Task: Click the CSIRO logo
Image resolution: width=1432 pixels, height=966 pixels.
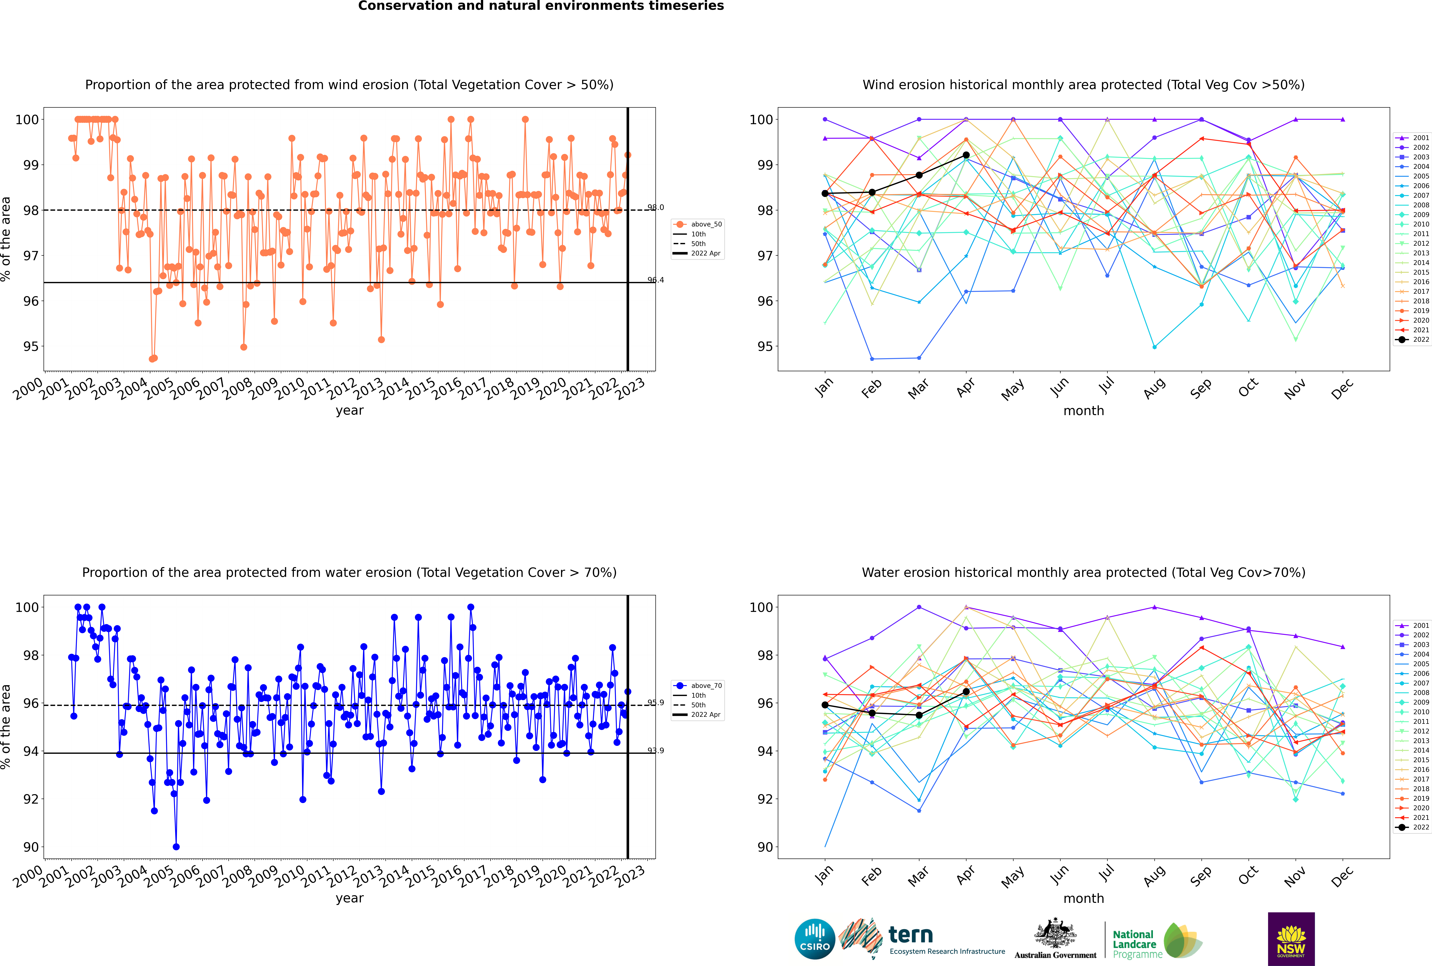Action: (814, 939)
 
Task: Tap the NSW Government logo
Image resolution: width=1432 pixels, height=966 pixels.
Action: (1291, 938)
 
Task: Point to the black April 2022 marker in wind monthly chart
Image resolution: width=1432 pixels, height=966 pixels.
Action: (966, 155)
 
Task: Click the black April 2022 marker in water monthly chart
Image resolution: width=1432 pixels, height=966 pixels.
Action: (966, 691)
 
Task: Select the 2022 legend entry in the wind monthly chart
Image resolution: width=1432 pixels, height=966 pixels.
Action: (1412, 339)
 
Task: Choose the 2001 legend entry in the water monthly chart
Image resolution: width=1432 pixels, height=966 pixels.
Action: (1412, 625)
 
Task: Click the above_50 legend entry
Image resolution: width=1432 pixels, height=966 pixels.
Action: (698, 224)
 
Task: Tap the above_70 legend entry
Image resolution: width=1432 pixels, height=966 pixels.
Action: (698, 686)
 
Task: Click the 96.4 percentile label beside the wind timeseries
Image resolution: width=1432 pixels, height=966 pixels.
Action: (656, 280)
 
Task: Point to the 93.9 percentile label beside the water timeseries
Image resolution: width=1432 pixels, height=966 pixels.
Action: (656, 750)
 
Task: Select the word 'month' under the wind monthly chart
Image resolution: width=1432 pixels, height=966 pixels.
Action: (1084, 411)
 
